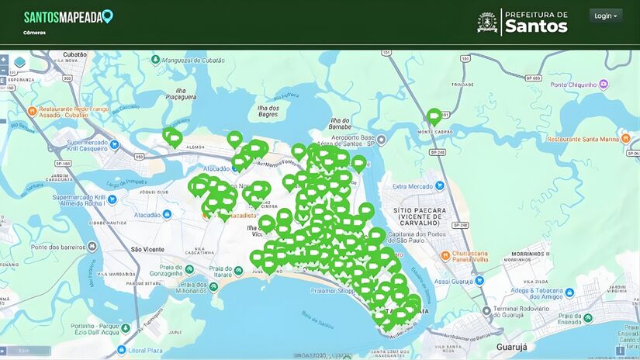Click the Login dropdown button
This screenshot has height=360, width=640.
click(x=605, y=16)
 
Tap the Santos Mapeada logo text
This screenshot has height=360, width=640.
click(x=64, y=17)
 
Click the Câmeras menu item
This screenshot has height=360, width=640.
click(x=34, y=33)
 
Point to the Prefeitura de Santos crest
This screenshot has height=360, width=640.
click(x=487, y=22)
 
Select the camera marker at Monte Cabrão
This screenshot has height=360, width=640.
click(x=434, y=117)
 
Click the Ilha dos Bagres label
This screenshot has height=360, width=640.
click(x=268, y=112)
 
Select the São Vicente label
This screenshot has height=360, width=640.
click(x=147, y=249)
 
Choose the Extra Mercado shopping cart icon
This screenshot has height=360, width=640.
click(x=440, y=185)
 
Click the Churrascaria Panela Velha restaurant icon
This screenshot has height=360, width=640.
click(x=445, y=254)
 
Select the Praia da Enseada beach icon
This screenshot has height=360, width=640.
click(x=587, y=318)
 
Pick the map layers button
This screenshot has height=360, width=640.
click(x=19, y=62)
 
